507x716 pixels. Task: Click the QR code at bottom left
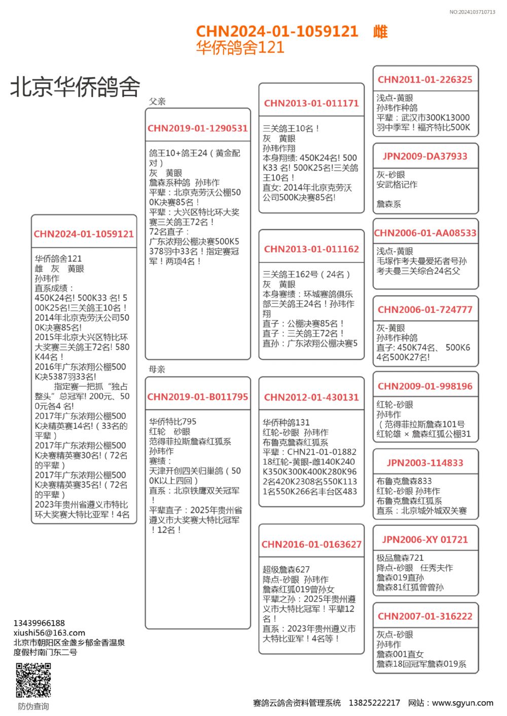point(33,680)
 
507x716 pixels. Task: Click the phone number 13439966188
point(39,623)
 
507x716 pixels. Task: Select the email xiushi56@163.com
point(49,632)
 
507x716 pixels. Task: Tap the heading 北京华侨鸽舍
point(75,87)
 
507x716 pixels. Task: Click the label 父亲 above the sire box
point(157,101)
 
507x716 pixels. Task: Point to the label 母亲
point(157,369)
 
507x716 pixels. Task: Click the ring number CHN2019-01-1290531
point(198,129)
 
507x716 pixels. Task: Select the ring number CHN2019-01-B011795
point(198,397)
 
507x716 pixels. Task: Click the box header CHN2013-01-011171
point(311,103)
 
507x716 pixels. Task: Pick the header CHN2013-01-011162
point(311,249)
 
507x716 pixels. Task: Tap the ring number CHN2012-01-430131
point(311,397)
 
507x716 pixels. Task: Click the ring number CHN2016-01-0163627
point(311,544)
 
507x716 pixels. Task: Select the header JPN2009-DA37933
point(425,156)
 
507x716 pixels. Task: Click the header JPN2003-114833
point(425,463)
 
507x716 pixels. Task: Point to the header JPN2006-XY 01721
point(425,540)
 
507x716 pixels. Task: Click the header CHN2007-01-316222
point(425,616)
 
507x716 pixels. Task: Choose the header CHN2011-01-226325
point(425,79)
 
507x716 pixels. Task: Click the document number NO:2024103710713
point(472,12)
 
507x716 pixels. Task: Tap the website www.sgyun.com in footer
point(462,703)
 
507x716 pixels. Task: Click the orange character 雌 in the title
point(380,31)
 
